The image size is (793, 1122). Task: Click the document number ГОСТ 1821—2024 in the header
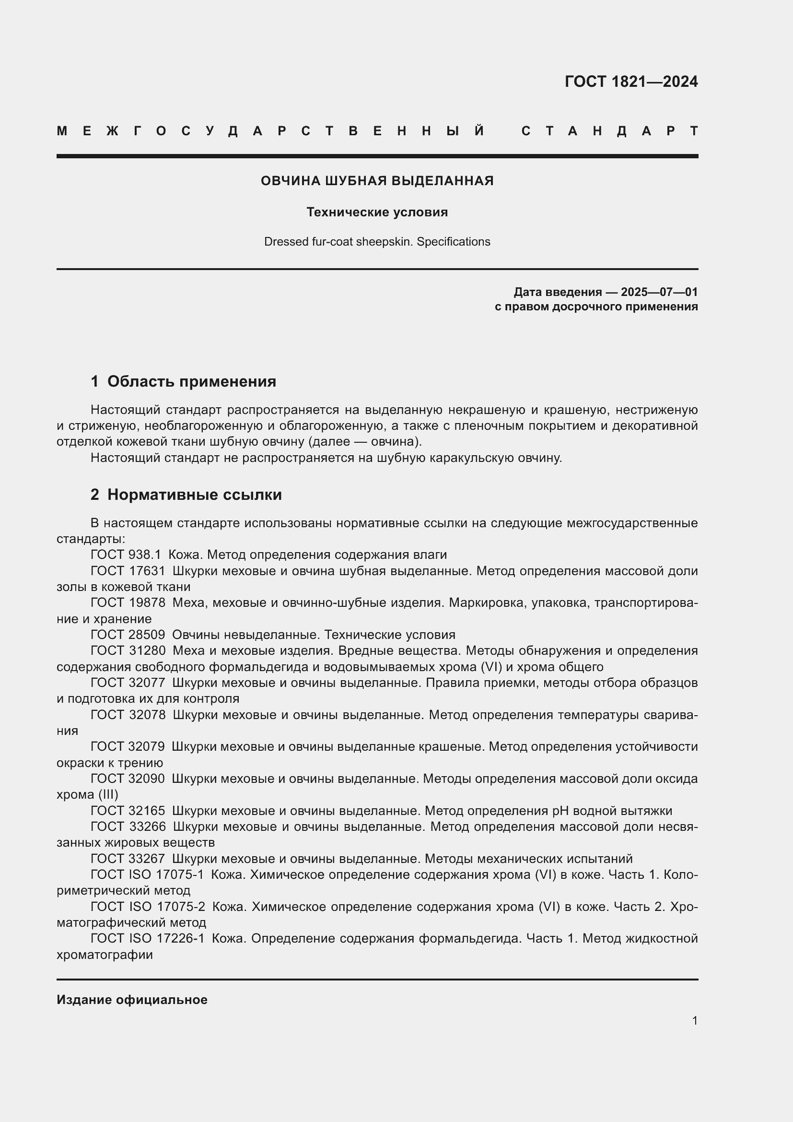click(x=631, y=82)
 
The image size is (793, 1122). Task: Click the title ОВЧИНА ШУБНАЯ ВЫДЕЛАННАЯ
click(x=377, y=181)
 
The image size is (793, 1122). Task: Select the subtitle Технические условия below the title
click(x=377, y=212)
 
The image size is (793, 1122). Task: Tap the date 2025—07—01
click(x=659, y=292)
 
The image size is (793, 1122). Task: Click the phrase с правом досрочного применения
click(x=596, y=307)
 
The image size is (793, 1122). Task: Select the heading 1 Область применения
click(x=183, y=381)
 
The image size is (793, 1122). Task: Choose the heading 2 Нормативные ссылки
click(x=186, y=495)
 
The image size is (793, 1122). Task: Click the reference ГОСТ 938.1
click(x=126, y=555)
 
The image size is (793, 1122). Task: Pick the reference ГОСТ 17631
click(x=128, y=571)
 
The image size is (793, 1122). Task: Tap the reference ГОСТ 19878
click(x=128, y=602)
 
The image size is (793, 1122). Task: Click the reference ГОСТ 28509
click(x=128, y=635)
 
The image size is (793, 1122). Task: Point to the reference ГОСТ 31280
click(x=128, y=651)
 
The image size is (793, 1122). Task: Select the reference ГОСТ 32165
click(x=128, y=811)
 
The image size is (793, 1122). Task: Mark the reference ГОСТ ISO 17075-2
click(x=148, y=907)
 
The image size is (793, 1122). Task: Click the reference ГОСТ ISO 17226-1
click(x=148, y=939)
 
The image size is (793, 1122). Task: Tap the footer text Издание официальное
click(x=132, y=1000)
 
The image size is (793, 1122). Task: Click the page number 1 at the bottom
click(x=694, y=1020)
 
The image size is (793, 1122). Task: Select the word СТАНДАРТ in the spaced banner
click(x=609, y=131)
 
